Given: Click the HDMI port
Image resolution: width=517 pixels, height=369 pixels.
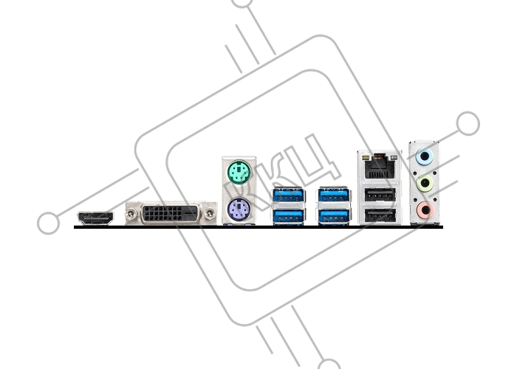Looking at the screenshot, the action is (95, 218).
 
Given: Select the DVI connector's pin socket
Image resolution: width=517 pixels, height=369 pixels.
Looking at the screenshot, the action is (171, 214).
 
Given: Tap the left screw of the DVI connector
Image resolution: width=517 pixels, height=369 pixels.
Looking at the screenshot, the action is (131, 214).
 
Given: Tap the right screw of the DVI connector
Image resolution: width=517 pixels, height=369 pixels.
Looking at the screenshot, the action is (210, 214).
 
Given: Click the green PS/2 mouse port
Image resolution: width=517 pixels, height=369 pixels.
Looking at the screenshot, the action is (239, 172).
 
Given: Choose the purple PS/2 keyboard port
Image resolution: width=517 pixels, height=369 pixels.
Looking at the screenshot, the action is (239, 210).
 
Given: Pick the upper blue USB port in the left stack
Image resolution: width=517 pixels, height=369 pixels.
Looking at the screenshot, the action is (289, 196).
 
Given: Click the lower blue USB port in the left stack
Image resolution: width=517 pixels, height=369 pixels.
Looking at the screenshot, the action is (289, 216).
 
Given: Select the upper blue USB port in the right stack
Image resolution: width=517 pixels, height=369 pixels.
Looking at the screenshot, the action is (334, 196).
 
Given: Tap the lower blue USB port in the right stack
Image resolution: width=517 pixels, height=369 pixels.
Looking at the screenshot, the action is (334, 216).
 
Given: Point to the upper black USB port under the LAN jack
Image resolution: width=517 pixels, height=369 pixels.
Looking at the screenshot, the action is (380, 194).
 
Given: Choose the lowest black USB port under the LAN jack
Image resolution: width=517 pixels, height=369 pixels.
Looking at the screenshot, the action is (380, 215).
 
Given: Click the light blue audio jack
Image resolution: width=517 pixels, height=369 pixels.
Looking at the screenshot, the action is (425, 156).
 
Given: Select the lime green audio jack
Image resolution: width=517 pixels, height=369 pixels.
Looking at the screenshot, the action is (425, 183).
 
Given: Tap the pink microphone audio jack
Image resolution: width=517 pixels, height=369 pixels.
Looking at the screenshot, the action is (425, 210).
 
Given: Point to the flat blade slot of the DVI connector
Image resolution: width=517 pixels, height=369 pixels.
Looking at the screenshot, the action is (191, 213).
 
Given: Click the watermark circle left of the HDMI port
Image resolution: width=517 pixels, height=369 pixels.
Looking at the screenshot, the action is (49, 223).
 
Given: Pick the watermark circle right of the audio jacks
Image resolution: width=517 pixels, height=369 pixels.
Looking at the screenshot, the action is (468, 123).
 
